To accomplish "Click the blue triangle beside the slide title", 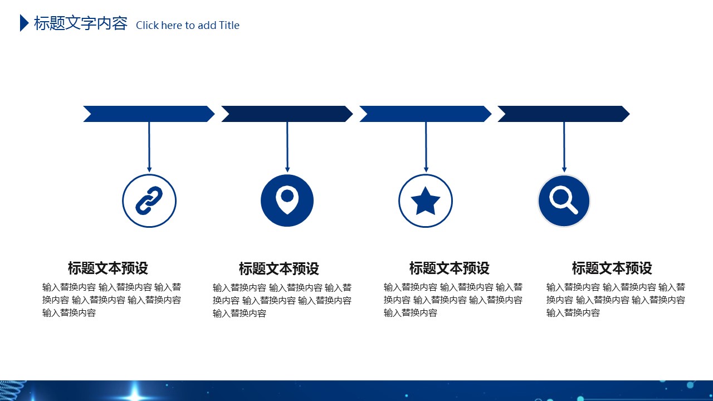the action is (x=24, y=23).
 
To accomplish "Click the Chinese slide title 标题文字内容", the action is (x=81, y=23).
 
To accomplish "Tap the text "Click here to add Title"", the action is (x=188, y=25).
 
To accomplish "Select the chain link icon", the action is (x=149, y=200).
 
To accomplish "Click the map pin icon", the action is (x=287, y=200).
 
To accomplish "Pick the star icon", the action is (x=426, y=201).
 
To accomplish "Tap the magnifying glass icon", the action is (x=563, y=200).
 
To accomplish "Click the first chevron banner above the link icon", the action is (x=149, y=114).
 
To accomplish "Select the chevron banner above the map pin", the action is (x=287, y=114).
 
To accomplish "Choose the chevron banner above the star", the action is (x=426, y=114).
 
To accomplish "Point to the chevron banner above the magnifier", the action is (x=564, y=114).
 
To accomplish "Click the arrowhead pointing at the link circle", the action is (x=149, y=169).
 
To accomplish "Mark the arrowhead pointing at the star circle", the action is (x=426, y=169).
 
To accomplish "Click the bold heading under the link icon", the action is (x=108, y=268).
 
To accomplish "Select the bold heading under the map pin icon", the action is (x=279, y=268).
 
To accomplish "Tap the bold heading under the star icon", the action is (x=450, y=268).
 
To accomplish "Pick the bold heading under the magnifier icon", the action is (x=612, y=268).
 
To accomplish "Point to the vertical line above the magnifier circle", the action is (x=564, y=144).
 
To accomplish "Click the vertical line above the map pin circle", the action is (x=287, y=144).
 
